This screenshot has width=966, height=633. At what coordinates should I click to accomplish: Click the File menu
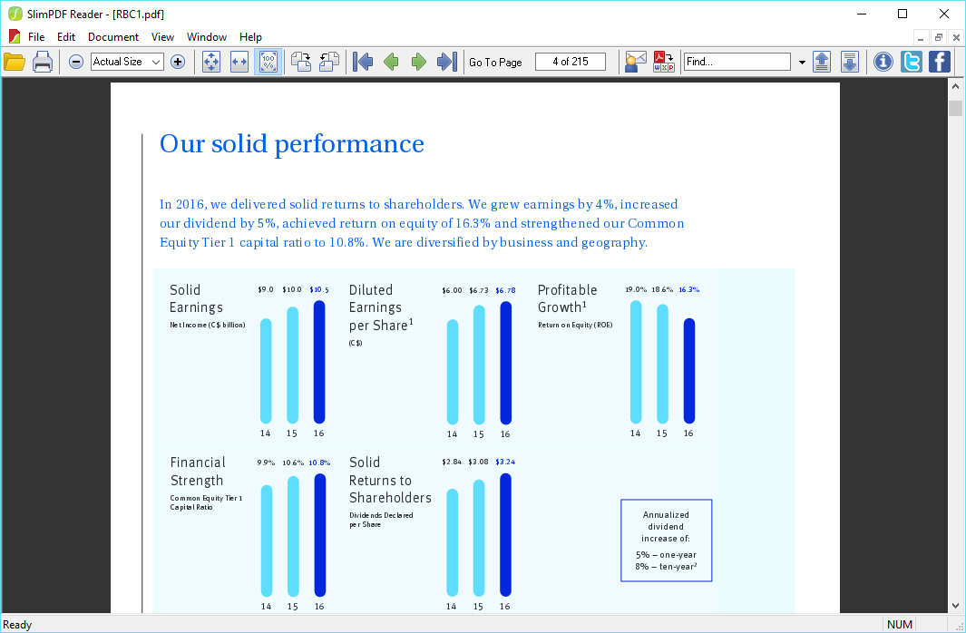[x=36, y=37]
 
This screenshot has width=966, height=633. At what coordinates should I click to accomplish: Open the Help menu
[x=250, y=37]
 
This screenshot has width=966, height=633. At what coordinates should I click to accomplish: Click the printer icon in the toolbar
[x=43, y=62]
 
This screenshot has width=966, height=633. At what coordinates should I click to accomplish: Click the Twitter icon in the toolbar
[x=911, y=62]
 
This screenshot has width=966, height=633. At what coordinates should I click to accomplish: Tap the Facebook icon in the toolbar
[x=939, y=62]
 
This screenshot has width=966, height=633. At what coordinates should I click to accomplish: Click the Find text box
[x=737, y=62]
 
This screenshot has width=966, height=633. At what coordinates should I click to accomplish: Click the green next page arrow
[x=419, y=62]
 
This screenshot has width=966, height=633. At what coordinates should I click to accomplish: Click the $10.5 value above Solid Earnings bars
[x=319, y=290]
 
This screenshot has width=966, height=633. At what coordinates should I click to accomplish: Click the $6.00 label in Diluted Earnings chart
[x=452, y=291]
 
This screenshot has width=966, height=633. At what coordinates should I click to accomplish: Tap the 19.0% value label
[x=636, y=290]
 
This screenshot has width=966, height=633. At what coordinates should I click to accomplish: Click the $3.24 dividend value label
[x=505, y=463]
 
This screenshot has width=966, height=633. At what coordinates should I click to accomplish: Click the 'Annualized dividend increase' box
[x=666, y=540]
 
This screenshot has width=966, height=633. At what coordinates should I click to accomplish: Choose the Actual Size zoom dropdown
[x=126, y=62]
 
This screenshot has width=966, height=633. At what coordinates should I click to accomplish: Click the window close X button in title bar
[x=944, y=14]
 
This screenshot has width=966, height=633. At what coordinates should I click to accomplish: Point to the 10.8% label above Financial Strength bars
[x=319, y=463]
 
